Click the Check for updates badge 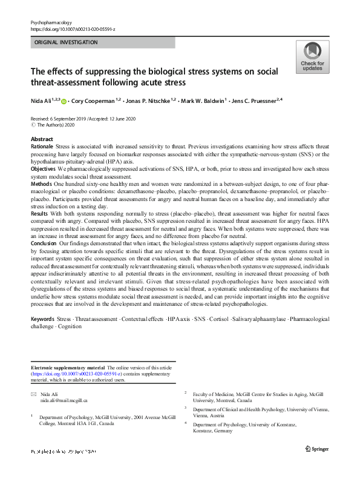(312, 57)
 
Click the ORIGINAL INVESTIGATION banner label (66, 42)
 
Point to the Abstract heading (42, 139)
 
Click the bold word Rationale (42, 147)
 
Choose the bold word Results (39, 214)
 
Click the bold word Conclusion (43, 242)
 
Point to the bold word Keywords (42, 318)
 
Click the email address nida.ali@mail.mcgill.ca (64, 400)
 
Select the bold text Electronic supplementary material (67, 368)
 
